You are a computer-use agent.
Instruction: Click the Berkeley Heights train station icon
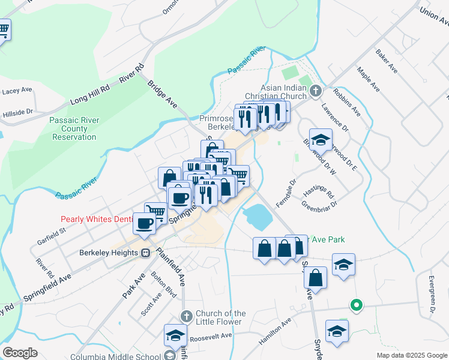[x=146, y=253]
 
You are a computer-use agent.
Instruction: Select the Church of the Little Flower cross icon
[x=186, y=316]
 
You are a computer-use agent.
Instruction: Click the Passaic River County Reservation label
[x=74, y=128]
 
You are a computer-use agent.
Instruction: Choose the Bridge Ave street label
[x=163, y=94]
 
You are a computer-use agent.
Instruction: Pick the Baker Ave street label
[x=387, y=62]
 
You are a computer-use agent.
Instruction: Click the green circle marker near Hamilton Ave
[x=356, y=305]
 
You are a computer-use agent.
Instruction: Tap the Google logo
[x=20, y=353]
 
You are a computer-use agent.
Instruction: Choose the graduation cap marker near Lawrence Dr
[x=321, y=139]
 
